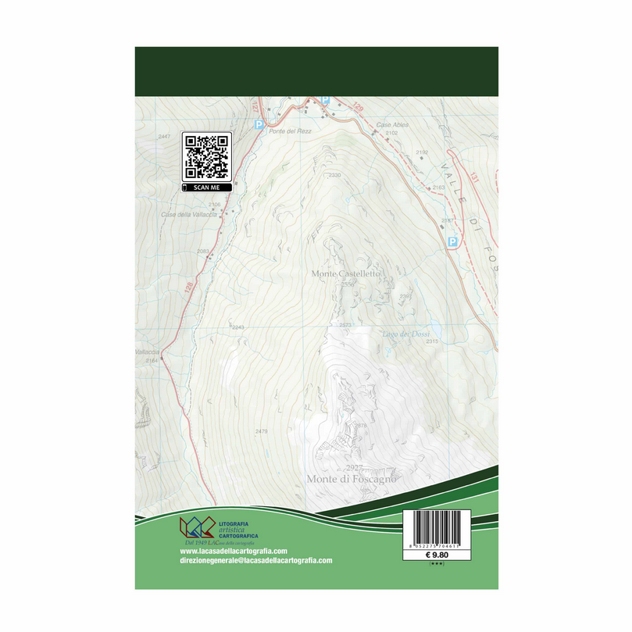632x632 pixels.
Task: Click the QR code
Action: click(x=207, y=156)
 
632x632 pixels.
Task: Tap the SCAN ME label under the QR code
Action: click(x=207, y=187)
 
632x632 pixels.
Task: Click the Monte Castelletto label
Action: click(x=345, y=274)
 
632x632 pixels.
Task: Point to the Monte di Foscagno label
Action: click(x=351, y=479)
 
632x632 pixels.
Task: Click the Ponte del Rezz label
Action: click(x=290, y=130)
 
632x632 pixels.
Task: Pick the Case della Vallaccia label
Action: click(x=185, y=215)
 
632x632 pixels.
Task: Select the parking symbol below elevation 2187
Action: click(x=452, y=243)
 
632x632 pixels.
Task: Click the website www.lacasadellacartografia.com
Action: click(x=234, y=550)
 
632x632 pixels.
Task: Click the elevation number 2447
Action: click(x=163, y=137)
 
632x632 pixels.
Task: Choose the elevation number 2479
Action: click(x=261, y=431)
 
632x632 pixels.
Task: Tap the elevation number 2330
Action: click(x=335, y=175)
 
